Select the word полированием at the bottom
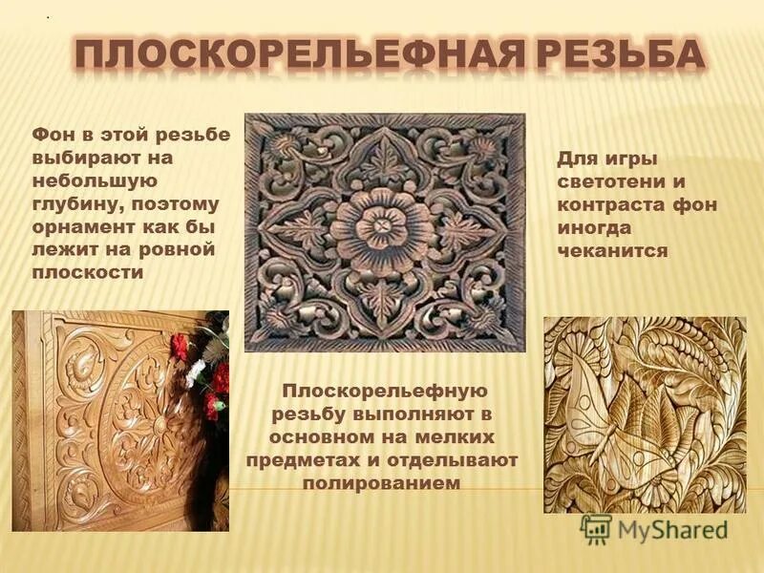point(381,482)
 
